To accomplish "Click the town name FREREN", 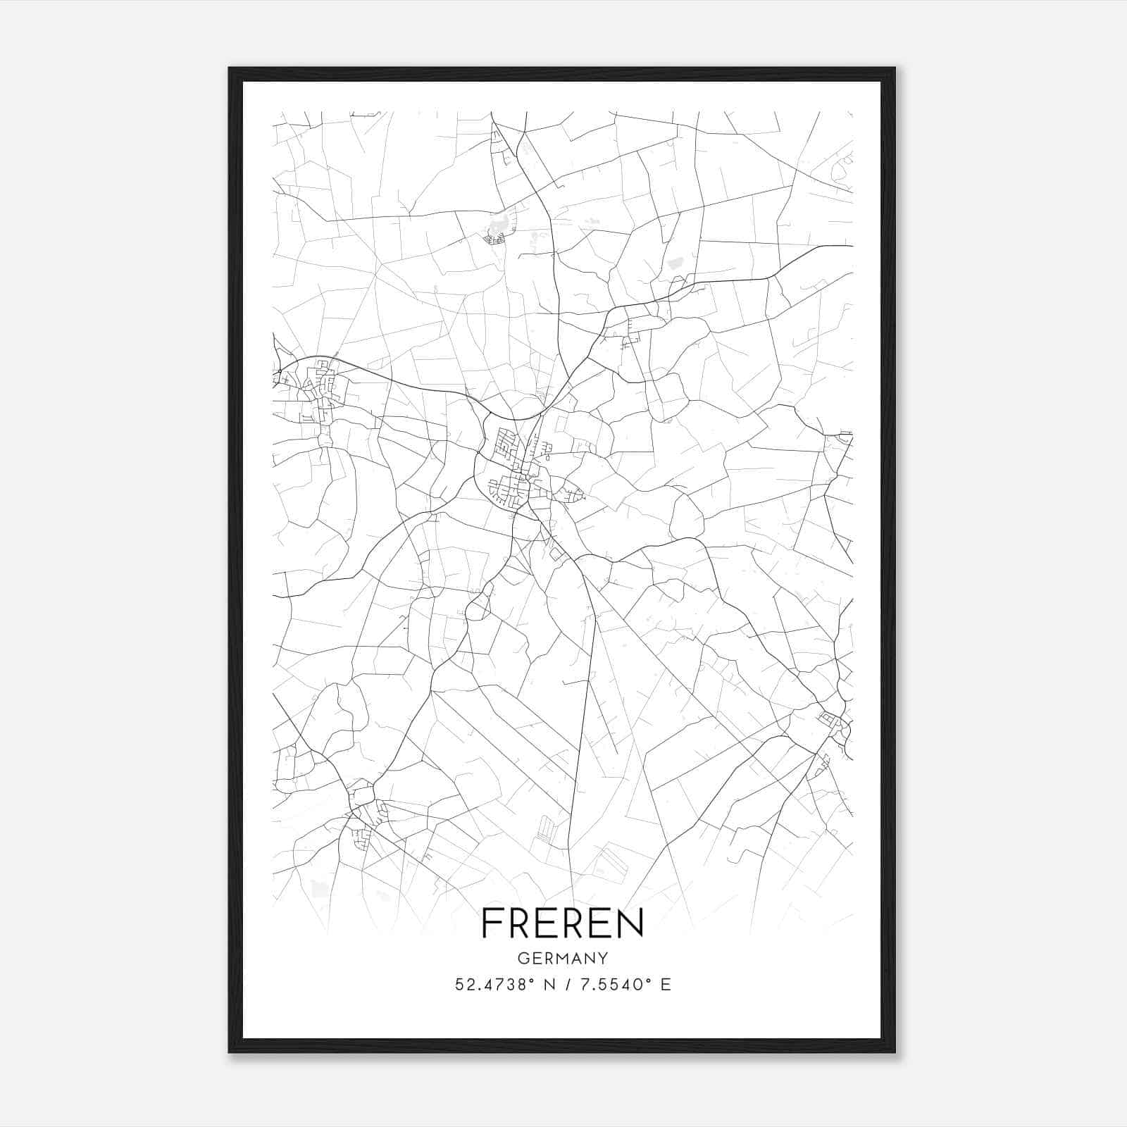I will point(562,923).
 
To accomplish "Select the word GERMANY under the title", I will point(562,959).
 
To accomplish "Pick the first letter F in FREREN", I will point(492,923).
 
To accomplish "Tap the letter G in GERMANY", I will point(523,959).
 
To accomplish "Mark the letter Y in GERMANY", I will point(603,959).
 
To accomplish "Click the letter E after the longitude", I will point(665,985).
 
